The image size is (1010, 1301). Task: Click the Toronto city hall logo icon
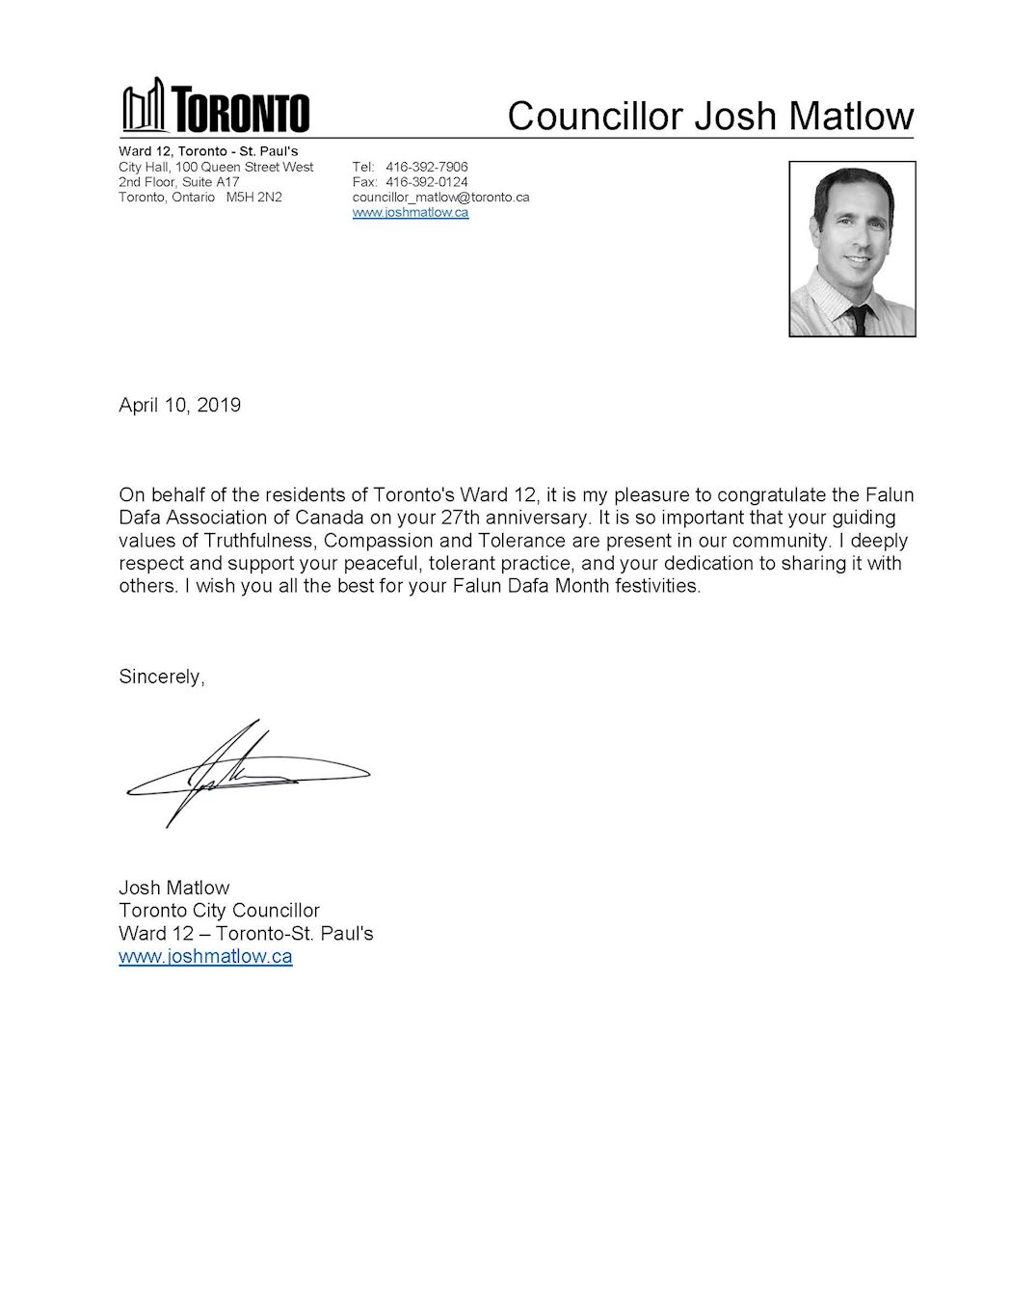click(145, 106)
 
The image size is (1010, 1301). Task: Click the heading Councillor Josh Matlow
click(710, 116)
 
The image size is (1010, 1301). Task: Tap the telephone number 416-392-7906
click(426, 167)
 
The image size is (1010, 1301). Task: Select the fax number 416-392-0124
click(426, 181)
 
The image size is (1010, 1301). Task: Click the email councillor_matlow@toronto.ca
click(440, 197)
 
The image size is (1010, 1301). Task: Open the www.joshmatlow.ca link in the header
click(411, 212)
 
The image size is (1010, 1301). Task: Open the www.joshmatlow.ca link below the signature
click(205, 957)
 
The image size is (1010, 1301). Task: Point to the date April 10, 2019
click(179, 405)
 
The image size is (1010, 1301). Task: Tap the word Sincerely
click(161, 677)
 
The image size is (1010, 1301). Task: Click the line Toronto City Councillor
click(219, 911)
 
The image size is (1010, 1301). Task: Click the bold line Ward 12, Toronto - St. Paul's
click(208, 151)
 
